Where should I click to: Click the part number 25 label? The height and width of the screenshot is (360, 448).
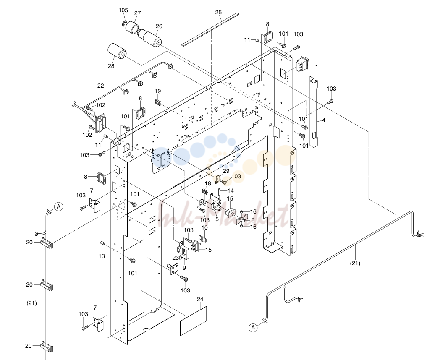click(218, 12)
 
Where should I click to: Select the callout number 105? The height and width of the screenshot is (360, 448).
click(123, 10)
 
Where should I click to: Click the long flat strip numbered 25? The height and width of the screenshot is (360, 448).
click(210, 29)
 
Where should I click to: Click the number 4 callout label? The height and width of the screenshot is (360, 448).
click(323, 120)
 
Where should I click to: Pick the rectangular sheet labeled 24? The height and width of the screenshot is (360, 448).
click(193, 321)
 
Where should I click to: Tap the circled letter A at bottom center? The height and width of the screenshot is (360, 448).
click(253, 327)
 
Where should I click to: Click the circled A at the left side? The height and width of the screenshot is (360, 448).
click(58, 206)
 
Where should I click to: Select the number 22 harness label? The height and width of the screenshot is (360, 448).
click(101, 86)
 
